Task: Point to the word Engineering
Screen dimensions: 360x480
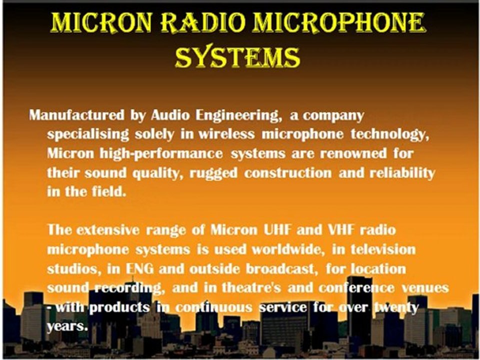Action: (237, 115)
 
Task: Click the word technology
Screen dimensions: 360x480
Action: (387, 134)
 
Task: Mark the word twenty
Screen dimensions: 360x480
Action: (395, 307)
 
